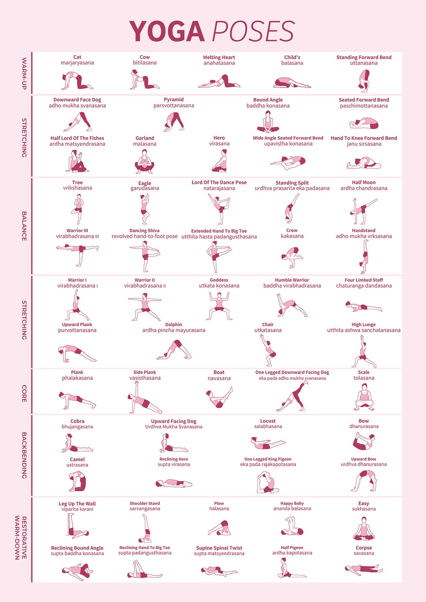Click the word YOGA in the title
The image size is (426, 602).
pyautogui.click(x=166, y=32)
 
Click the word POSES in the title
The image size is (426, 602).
pyautogui.click(x=254, y=32)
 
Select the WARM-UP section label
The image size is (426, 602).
pyautogui.click(x=24, y=73)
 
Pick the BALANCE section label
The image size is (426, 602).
pyautogui.click(x=24, y=226)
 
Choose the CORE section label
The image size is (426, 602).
pyautogui.click(x=24, y=393)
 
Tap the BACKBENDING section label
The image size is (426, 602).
pyautogui.click(x=24, y=455)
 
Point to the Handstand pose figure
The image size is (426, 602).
pyautogui.click(x=364, y=257)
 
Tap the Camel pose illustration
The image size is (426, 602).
pyautogui.click(x=77, y=481)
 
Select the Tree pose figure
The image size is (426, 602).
pyautogui.click(x=78, y=209)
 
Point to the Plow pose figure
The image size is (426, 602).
pyautogui.click(x=219, y=528)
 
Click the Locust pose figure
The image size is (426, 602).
pyautogui.click(x=268, y=443)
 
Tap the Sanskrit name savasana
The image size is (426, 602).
pyautogui.click(x=364, y=553)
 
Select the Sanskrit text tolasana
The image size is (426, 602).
pyautogui.click(x=364, y=378)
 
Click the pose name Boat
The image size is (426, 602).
pyautogui.click(x=219, y=372)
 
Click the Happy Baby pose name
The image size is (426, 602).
pyautogui.click(x=292, y=503)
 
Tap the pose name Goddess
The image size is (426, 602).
pyautogui.click(x=219, y=280)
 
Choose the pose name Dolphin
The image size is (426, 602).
pyautogui.click(x=174, y=325)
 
